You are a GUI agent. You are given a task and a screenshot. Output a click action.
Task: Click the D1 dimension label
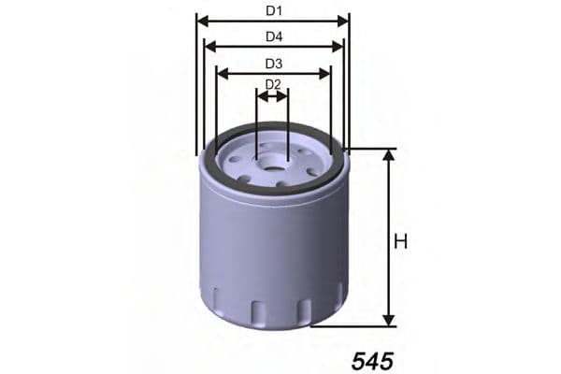click(x=273, y=11)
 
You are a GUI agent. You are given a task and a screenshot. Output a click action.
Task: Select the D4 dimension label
click(x=273, y=37)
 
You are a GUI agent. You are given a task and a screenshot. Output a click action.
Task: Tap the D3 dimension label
click(x=273, y=64)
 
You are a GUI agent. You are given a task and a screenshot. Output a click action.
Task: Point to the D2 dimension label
click(x=272, y=84)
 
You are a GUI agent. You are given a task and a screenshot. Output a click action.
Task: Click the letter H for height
click(x=401, y=242)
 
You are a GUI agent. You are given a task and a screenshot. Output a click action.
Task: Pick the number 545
click(x=374, y=360)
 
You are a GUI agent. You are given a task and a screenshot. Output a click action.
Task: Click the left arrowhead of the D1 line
click(x=201, y=20)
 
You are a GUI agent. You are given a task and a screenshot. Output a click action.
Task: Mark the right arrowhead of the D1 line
click(x=344, y=20)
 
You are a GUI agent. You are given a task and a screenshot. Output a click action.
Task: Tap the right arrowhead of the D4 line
click(x=338, y=46)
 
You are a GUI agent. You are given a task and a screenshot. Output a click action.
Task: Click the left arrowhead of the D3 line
click(x=221, y=72)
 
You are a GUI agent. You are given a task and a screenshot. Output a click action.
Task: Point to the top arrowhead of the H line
click(x=387, y=154)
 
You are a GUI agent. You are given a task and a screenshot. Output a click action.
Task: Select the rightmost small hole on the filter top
click(x=312, y=171)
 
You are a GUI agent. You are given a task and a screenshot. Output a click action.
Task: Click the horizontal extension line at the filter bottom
click(x=355, y=326)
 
